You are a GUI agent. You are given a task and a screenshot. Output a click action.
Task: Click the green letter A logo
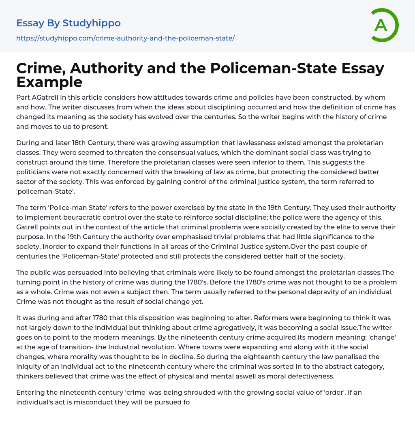click(x=385, y=25)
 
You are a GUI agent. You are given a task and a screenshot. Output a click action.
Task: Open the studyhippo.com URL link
click(x=125, y=38)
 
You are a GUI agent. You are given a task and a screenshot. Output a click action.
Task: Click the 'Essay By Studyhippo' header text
click(x=68, y=23)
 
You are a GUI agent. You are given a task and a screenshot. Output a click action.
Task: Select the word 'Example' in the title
click(x=49, y=82)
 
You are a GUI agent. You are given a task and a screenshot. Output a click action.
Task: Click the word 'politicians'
click(x=34, y=172)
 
